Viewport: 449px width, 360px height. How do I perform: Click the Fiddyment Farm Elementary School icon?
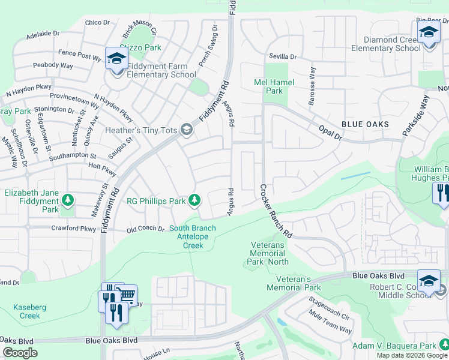pos(116,58)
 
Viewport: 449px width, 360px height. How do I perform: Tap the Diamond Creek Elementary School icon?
pos(429,31)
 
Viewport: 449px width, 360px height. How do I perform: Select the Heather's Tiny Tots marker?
pos(187,130)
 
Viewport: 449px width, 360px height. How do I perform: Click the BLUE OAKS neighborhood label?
pos(365,124)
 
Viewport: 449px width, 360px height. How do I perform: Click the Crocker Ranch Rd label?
pos(275,210)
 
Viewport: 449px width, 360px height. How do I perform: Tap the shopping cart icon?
pos(125,295)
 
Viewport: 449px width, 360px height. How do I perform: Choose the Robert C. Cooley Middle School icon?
pos(429,281)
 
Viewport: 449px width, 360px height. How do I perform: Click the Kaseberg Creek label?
pos(26,311)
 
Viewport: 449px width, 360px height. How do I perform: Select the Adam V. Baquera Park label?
pos(402,346)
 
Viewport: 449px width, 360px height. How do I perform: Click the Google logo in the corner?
pos(20,353)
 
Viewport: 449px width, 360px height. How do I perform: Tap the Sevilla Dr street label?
pos(283,56)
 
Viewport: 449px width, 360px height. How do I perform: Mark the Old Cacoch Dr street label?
pos(145,229)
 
